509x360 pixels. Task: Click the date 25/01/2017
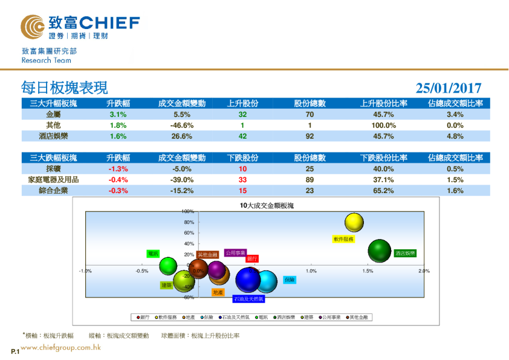pos(449,88)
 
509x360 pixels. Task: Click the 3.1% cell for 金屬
pos(118,114)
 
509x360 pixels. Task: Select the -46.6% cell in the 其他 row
pos(182,125)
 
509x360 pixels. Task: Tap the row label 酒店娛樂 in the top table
pos(53,136)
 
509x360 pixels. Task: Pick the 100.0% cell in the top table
pos(384,125)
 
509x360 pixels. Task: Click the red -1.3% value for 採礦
pos(118,169)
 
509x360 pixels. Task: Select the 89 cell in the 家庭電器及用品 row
pos(310,180)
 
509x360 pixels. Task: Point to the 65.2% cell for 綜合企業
pos(384,191)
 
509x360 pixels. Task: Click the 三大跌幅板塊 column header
pos(53,158)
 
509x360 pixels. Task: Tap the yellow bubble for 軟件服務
pos(354,223)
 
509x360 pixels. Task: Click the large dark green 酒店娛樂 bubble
pos(380,250)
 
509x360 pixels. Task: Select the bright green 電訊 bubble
pos(168,265)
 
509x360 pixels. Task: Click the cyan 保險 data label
pos(290,280)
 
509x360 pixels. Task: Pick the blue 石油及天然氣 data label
pos(249,299)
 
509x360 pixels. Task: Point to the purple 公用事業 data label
pos(235,253)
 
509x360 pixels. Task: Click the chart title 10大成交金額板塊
pos(267,206)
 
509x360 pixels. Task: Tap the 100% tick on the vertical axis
pos(187,212)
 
